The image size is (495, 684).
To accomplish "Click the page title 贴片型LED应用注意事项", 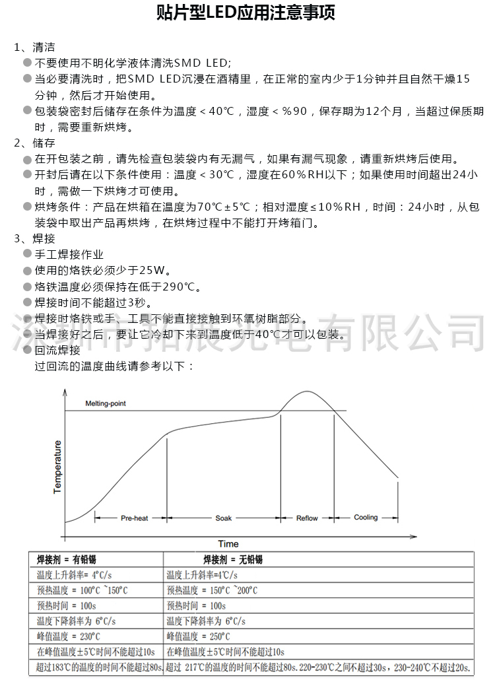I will pyautogui.click(x=247, y=14).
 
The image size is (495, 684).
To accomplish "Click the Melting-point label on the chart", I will pyautogui.click(x=106, y=403).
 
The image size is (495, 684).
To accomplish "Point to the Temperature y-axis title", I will pyautogui.click(x=57, y=467).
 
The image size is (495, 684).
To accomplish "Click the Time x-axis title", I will pyautogui.click(x=228, y=544).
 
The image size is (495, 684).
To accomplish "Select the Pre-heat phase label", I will pyautogui.click(x=134, y=518).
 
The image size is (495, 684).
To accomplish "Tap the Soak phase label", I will pyautogui.click(x=224, y=518).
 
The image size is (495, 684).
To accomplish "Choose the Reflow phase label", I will pyautogui.click(x=307, y=518).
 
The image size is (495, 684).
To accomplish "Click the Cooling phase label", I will pyautogui.click(x=366, y=518).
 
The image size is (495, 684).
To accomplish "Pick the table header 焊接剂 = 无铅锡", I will pyautogui.click(x=233, y=560).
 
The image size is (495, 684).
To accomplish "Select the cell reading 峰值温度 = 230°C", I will pyautogui.click(x=69, y=636).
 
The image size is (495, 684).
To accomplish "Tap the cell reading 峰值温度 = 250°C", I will pyautogui.click(x=199, y=636).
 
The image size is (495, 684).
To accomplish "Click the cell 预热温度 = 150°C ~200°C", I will pyautogui.click(x=212, y=591).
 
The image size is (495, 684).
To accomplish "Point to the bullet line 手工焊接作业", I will pyautogui.click(x=69, y=254).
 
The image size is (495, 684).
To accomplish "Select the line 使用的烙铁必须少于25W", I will pyautogui.click(x=102, y=270).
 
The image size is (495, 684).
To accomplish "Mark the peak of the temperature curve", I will pyautogui.click(x=306, y=392).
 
